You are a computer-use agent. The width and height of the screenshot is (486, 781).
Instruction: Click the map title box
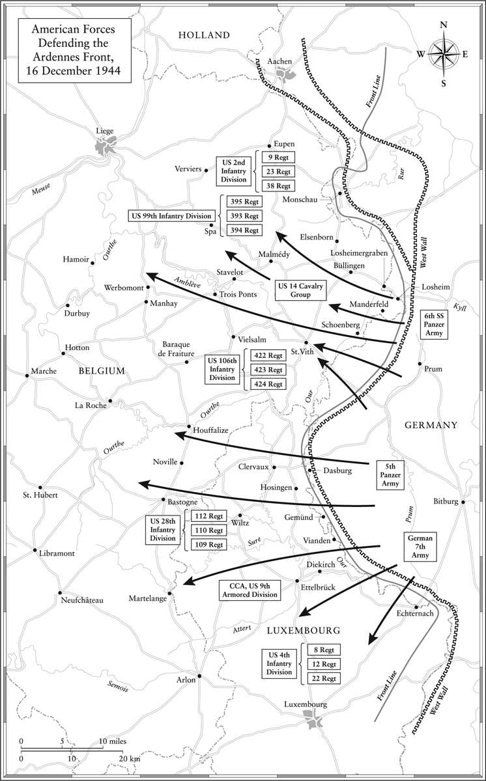click(x=75, y=51)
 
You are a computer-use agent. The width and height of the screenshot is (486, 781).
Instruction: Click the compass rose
click(x=444, y=54)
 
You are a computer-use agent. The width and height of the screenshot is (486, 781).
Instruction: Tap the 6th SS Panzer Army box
click(x=434, y=324)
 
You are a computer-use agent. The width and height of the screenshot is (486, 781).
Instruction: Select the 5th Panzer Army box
click(x=390, y=475)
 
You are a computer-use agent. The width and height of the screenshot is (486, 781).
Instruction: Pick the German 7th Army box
click(x=420, y=546)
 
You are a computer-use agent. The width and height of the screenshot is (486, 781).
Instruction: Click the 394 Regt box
click(x=244, y=230)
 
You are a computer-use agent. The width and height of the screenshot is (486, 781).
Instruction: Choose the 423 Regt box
click(x=268, y=370)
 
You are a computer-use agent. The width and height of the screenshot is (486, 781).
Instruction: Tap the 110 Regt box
click(x=208, y=530)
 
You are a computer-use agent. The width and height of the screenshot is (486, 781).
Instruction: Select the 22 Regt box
click(x=324, y=678)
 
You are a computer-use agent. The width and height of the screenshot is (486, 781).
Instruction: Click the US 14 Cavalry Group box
click(x=300, y=290)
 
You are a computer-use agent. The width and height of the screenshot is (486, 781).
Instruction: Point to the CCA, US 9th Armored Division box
click(x=250, y=590)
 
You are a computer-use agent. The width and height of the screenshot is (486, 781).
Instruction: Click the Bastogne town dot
click(x=163, y=500)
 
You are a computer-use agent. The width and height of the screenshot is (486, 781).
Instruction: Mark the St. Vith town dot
click(x=306, y=343)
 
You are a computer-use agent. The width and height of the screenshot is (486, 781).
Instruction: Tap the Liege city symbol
click(x=106, y=145)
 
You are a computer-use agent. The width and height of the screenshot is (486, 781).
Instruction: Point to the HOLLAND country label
click(x=204, y=35)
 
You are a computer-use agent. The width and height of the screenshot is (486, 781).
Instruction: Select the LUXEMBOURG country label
click(x=304, y=631)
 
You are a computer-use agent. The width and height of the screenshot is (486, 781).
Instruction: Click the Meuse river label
click(x=41, y=189)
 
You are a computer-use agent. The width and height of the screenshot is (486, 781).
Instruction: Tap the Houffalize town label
click(x=210, y=430)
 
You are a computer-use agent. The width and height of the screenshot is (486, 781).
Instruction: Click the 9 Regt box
click(x=278, y=158)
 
